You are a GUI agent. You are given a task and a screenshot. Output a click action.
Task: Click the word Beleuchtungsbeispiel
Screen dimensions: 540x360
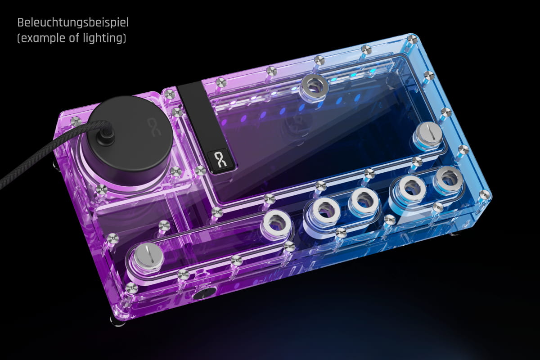point(73,23)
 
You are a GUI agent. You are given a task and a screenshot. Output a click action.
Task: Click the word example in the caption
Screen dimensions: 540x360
point(42,38)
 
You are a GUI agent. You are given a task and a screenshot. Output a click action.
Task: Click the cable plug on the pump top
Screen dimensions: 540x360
point(105,136)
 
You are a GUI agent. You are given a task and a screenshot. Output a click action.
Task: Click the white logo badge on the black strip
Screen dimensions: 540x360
point(220,159)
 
